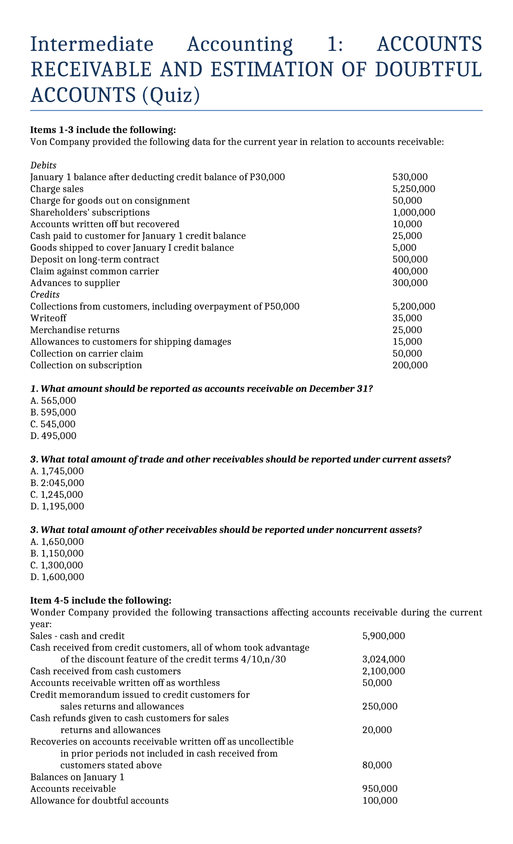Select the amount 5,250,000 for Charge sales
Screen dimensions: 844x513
click(x=413, y=189)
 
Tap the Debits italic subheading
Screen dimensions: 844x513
click(x=43, y=165)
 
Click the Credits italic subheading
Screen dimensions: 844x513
click(x=45, y=295)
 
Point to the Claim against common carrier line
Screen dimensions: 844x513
click(x=94, y=271)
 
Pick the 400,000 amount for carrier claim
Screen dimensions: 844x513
click(x=410, y=271)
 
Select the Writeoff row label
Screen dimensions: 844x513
click(x=48, y=318)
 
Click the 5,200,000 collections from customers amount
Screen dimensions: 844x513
click(x=413, y=306)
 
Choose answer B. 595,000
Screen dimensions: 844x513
click(x=53, y=413)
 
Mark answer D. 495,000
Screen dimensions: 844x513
click(x=53, y=436)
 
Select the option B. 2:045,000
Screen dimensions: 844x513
click(x=57, y=483)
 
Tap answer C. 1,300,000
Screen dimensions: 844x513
click(x=57, y=565)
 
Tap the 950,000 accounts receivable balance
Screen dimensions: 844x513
click(x=379, y=789)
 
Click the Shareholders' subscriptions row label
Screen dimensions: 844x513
click(x=90, y=212)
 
